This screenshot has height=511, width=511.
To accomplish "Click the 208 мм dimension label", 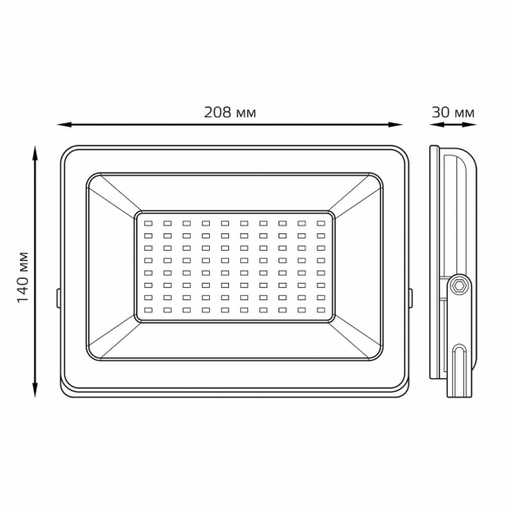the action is click(x=230, y=113).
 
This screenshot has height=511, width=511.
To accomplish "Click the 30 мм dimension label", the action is click(x=453, y=113).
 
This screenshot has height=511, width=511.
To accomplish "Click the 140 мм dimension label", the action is click(x=23, y=277).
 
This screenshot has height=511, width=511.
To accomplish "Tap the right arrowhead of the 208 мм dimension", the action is click(x=395, y=124).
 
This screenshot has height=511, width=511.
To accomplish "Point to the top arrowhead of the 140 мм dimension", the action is click(x=35, y=154).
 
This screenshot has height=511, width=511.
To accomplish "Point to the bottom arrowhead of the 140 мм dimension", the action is click(x=35, y=390).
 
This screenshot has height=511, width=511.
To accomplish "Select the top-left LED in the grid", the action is click(x=148, y=224).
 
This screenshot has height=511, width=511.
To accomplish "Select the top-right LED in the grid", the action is click(x=321, y=224).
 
